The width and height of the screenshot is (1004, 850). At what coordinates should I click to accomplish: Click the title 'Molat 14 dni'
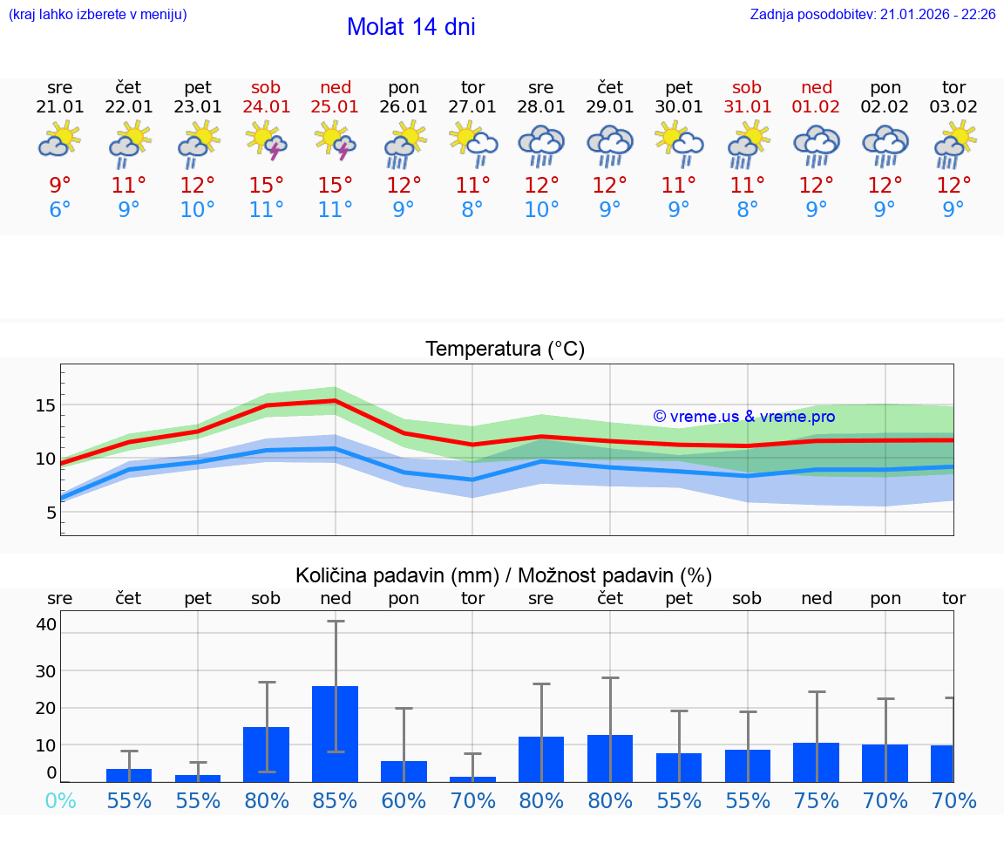[410, 27]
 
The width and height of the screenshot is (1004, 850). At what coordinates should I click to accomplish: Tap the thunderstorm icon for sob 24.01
[267, 141]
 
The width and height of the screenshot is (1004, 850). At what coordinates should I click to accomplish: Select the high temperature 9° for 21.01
[60, 186]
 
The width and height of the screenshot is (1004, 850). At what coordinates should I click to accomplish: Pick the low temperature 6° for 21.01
[60, 210]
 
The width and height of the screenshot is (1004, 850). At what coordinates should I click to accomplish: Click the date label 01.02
[816, 106]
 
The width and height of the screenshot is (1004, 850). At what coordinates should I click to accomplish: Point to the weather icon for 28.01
[541, 145]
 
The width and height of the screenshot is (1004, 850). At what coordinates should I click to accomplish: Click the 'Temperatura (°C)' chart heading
[505, 350]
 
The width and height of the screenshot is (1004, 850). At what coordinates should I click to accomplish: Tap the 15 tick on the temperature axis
[45, 405]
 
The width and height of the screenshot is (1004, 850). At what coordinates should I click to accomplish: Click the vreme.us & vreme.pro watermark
[743, 417]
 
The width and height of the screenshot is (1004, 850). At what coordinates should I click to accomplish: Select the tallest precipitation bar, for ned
[336, 733]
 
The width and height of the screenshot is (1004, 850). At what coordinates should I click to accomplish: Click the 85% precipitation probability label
[336, 801]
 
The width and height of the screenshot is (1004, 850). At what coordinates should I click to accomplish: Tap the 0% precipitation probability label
[60, 801]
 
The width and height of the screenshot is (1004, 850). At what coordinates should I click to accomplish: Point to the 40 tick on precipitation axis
[45, 624]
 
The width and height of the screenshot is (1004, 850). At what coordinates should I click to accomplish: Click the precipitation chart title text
[504, 575]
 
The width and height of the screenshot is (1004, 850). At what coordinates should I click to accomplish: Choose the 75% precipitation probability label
[816, 801]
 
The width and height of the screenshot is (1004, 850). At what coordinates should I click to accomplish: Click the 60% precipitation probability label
[404, 801]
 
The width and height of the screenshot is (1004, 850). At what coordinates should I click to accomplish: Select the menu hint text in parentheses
[97, 15]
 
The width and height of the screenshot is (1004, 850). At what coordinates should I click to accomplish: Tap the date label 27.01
[472, 106]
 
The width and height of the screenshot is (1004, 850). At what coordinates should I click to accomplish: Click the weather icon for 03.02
[953, 145]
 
